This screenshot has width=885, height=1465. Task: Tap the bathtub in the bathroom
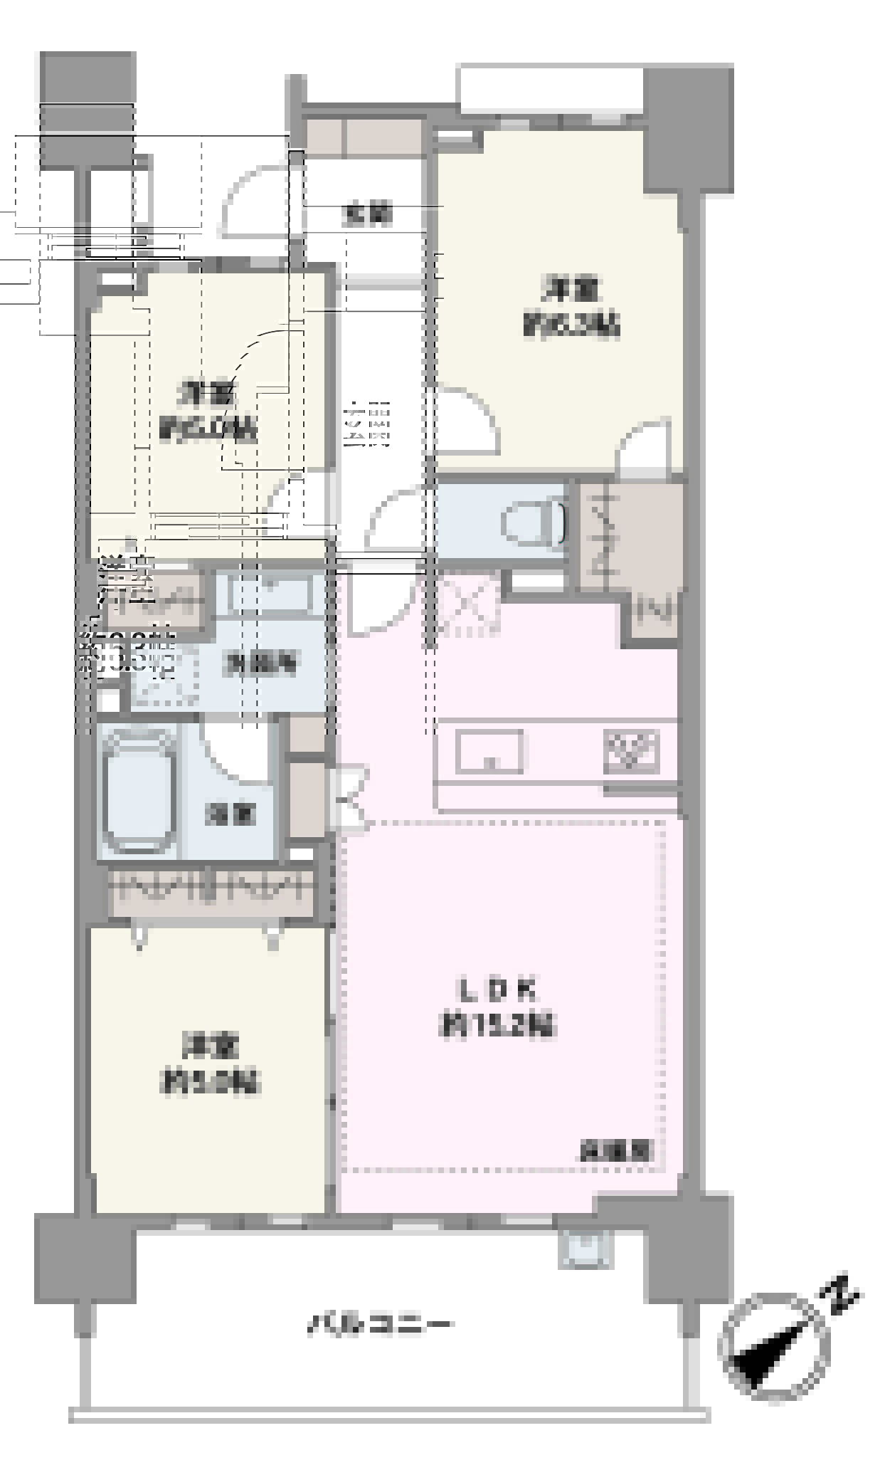(x=140, y=791)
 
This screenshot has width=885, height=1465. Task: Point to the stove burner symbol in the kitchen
(x=632, y=752)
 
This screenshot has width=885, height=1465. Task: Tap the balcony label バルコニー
(x=378, y=1325)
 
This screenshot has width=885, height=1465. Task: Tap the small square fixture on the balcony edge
(x=585, y=1251)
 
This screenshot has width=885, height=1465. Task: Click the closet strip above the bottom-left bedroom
(x=212, y=891)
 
